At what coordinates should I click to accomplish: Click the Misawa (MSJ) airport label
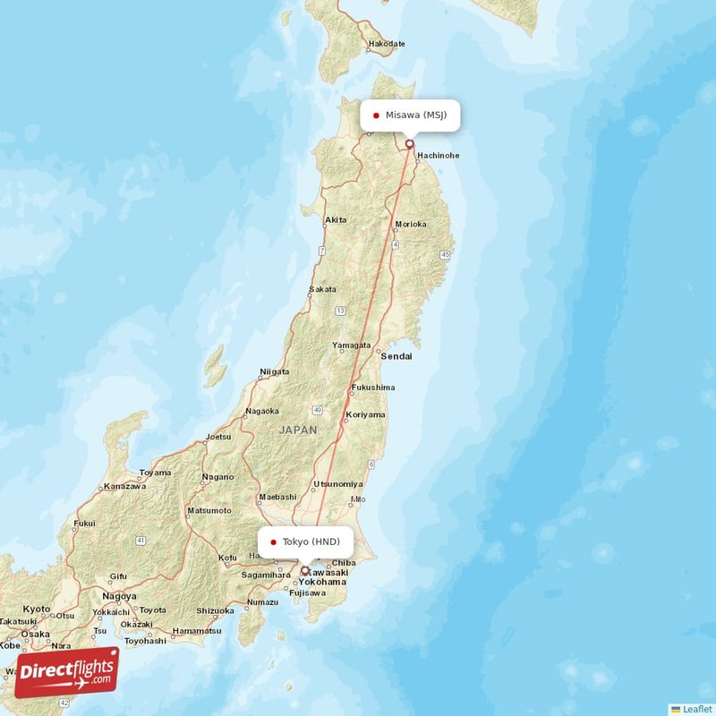(414, 115)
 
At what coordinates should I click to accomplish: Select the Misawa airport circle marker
(410, 143)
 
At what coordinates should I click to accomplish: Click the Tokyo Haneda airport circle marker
(305, 570)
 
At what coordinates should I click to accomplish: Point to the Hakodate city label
(388, 43)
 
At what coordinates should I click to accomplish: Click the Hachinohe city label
(438, 155)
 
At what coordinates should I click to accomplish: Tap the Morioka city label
(411, 224)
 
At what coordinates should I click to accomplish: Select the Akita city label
(337, 219)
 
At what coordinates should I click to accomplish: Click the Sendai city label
(396, 356)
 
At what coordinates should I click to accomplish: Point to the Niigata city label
(274, 371)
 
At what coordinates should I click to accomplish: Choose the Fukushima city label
(373, 388)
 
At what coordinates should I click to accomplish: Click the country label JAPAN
(298, 430)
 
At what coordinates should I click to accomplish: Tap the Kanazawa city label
(124, 486)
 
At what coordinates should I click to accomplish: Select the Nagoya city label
(119, 596)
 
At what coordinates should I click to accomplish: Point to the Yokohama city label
(322, 582)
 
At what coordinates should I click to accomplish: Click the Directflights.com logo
(67, 672)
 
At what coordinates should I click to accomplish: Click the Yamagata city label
(351, 345)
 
